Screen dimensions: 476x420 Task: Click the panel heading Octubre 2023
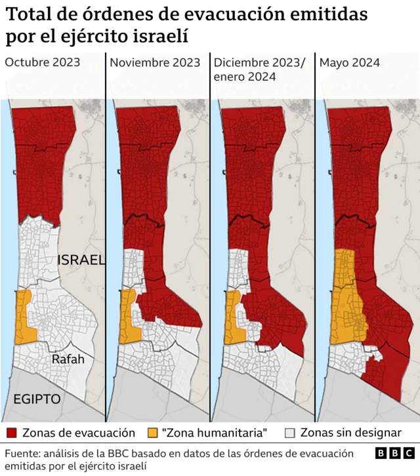tap(43, 63)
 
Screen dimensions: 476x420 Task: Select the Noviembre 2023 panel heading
tap(155, 63)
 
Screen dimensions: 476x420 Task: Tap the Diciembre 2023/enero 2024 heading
tap(260, 69)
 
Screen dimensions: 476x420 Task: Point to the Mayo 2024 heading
tap(349, 63)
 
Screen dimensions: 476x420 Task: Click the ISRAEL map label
tap(81, 260)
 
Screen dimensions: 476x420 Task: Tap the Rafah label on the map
tap(68, 359)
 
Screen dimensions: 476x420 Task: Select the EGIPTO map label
tap(36, 399)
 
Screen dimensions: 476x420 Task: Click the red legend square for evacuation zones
tap(11, 433)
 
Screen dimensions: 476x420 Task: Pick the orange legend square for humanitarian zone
tap(152, 433)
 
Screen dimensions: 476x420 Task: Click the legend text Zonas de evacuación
tap(78, 433)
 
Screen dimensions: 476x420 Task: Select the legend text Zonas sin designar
tap(350, 433)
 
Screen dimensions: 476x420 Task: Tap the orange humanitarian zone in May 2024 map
tap(346, 295)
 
